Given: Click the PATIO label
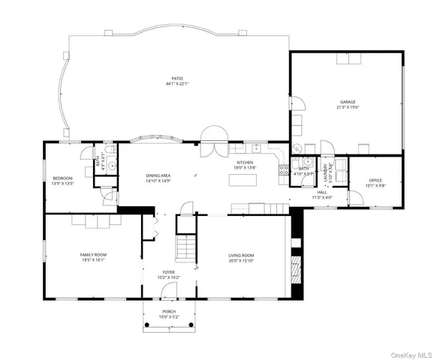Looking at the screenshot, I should [177, 78].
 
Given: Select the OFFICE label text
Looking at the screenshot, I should [375, 181].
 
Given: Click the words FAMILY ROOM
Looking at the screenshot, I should [94, 255].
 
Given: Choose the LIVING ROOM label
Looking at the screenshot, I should [241, 256].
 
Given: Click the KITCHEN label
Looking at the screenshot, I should [246, 163].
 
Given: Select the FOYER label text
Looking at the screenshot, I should [169, 272].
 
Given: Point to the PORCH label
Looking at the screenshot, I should [169, 312].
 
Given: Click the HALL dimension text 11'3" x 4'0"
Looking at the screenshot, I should [321, 197].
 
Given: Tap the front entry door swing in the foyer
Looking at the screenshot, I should [169, 293].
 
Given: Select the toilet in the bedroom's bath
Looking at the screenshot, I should [110, 166].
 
